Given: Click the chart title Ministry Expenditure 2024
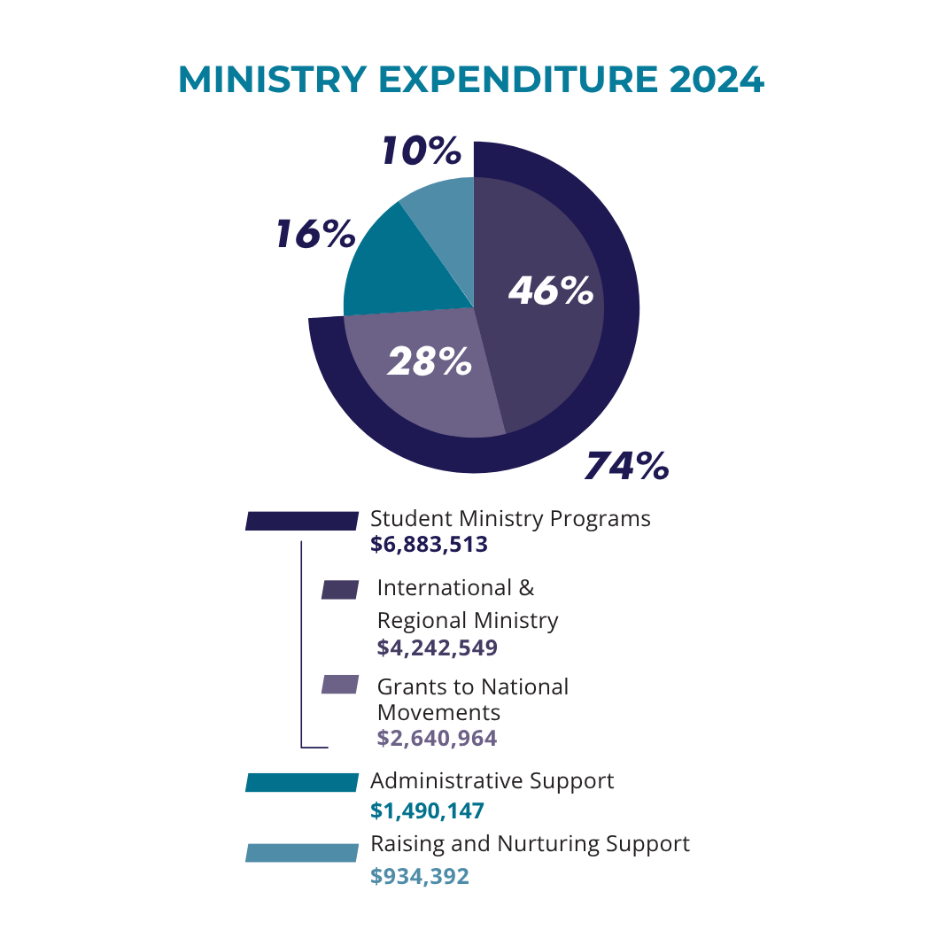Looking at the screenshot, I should (x=470, y=80).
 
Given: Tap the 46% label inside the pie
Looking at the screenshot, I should (x=550, y=291).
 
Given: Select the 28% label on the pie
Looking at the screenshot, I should (x=430, y=361).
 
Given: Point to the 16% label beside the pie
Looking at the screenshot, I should (x=315, y=234).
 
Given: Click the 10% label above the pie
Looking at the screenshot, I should (x=422, y=151).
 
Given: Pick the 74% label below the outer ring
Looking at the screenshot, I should (x=626, y=466).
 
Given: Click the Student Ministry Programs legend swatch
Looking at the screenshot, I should (x=302, y=521).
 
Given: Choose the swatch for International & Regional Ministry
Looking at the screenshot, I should (x=340, y=590).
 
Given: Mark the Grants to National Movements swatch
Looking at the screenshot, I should (x=340, y=685).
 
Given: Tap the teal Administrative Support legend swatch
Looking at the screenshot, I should (x=302, y=782).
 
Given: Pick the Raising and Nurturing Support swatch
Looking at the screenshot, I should (x=302, y=852).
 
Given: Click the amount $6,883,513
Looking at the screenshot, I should (x=429, y=545).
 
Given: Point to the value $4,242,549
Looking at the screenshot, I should (x=437, y=648).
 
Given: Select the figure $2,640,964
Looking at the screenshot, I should (x=437, y=738).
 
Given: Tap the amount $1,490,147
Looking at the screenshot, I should (x=427, y=810).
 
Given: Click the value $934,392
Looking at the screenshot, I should (x=419, y=876).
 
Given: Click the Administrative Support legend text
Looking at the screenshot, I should (x=492, y=781).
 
